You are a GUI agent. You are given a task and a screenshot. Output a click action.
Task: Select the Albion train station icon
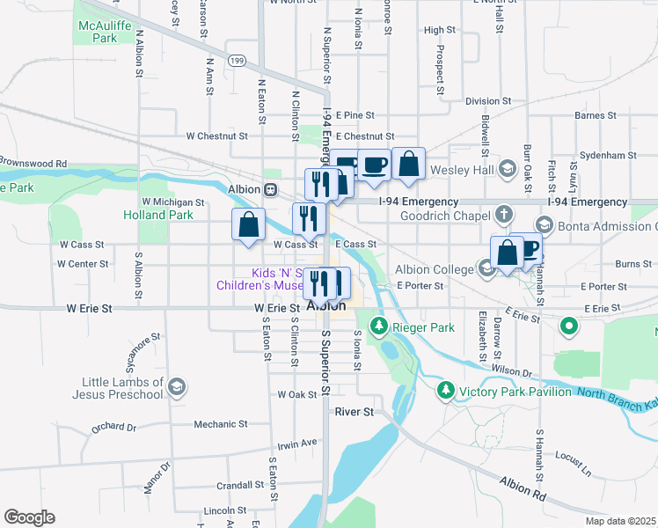click(x=272, y=189)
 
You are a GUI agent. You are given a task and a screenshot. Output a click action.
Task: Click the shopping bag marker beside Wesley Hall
click(x=408, y=164)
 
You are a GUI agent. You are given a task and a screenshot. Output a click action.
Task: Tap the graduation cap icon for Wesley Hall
click(x=507, y=168)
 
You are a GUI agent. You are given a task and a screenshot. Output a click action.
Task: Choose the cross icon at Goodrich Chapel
click(x=503, y=214)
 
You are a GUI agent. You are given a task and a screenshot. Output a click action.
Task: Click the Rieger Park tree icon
click(x=379, y=327)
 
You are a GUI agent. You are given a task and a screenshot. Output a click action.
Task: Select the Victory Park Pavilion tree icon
click(x=446, y=390)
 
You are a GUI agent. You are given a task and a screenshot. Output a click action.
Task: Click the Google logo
click(x=29, y=517)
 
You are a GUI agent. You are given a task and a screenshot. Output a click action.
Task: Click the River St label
click(x=355, y=411)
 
